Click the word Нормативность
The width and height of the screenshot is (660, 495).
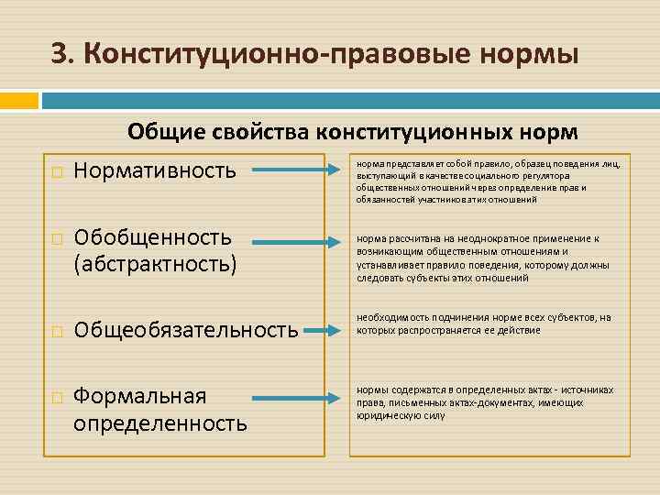155,170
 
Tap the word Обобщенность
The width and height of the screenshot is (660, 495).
153,238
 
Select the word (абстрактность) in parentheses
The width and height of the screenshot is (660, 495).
155,264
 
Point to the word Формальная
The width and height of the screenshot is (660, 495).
140,397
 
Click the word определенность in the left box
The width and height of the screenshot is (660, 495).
160,423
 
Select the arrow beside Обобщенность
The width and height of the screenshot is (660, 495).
291,240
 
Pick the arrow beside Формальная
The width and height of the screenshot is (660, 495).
291,400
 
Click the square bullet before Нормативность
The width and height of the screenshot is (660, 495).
57,171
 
